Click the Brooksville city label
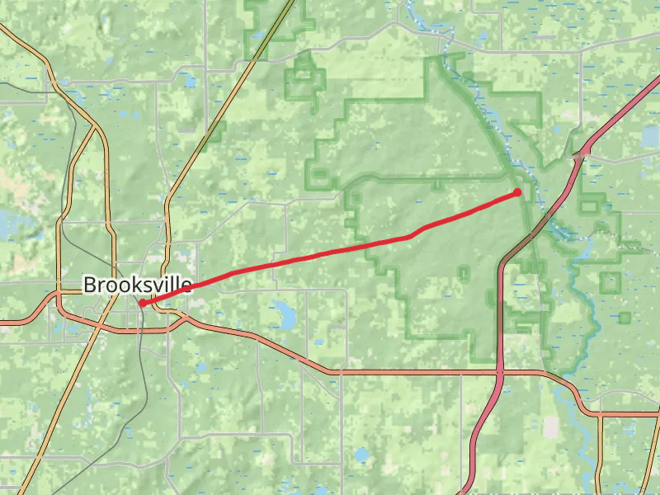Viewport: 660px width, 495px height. coord(137,285)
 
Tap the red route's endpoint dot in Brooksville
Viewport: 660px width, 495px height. coord(143,304)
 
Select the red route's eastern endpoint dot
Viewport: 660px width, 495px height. coord(518,192)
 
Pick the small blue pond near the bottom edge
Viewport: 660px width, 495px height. coord(361,455)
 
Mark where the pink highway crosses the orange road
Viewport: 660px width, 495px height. coord(500,373)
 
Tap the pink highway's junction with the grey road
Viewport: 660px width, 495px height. coord(581,154)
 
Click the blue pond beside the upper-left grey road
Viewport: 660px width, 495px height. coord(191,82)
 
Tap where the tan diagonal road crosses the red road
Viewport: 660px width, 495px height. coord(99,323)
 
